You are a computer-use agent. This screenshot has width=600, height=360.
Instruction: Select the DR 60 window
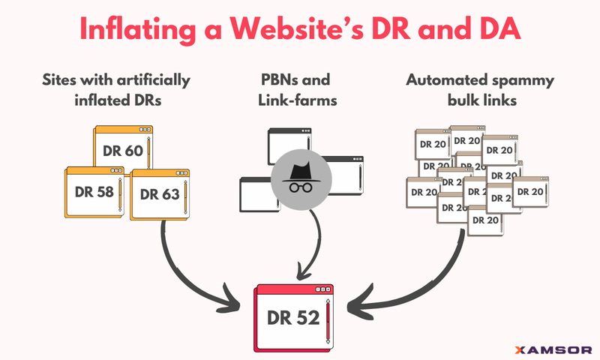(124, 149)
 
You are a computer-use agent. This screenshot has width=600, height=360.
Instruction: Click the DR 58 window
(94, 192)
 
